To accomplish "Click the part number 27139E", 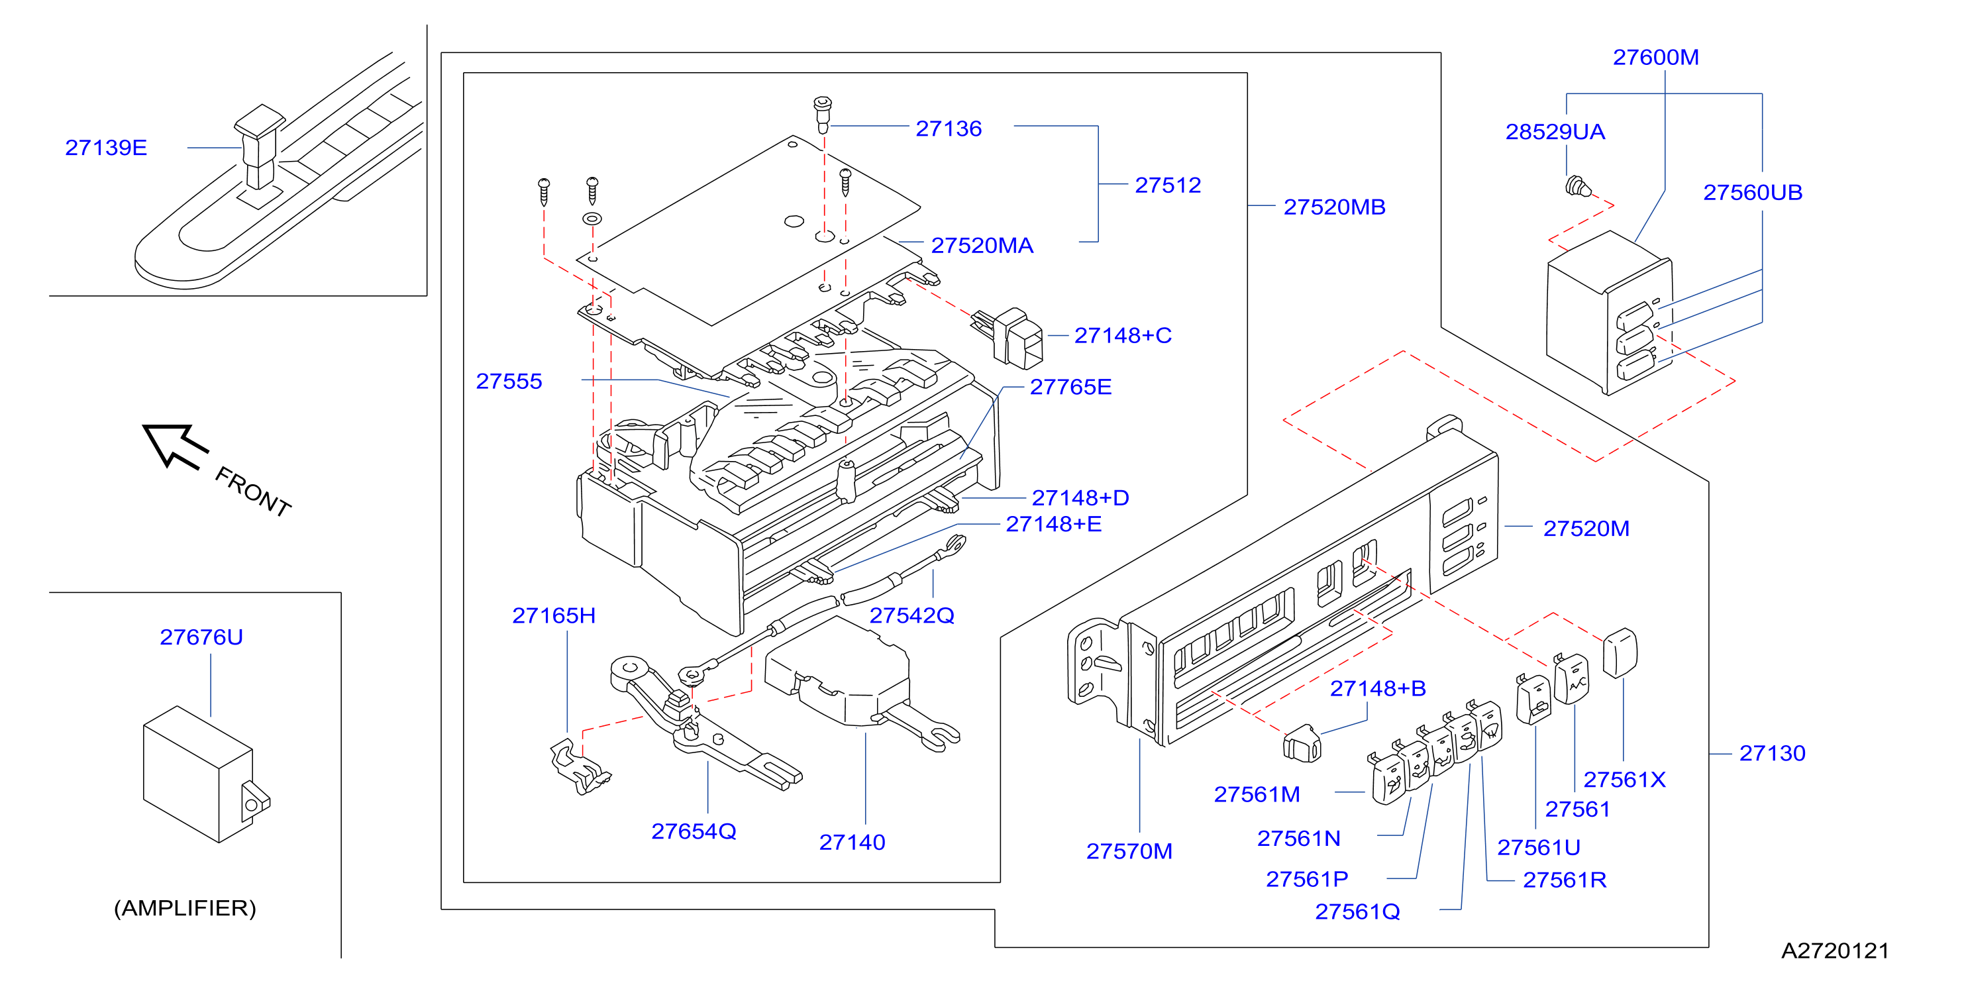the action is tap(106, 147).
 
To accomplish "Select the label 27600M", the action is tap(1655, 57).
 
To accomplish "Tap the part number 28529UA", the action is tap(1555, 132).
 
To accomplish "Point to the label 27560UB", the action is tap(1752, 192).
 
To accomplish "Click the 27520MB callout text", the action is tap(1334, 207).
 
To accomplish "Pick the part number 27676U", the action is tap(201, 637).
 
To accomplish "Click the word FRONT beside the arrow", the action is tap(252, 491).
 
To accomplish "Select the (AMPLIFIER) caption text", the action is tap(185, 908).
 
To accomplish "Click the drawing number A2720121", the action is tap(1835, 951).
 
